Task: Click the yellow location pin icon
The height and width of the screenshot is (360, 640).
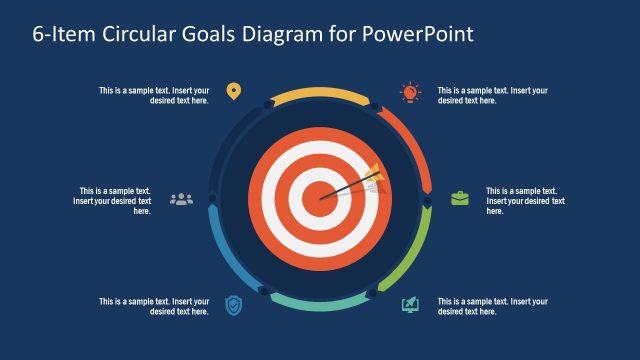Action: coord(233,92)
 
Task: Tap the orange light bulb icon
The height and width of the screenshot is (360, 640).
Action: coord(410,92)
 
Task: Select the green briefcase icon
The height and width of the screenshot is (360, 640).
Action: coord(459,198)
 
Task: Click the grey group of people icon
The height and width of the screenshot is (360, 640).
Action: coord(181,198)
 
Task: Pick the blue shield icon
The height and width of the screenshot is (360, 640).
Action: coord(233,304)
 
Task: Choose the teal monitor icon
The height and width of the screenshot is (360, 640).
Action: coord(410,304)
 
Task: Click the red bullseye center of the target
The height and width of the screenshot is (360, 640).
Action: coord(320,196)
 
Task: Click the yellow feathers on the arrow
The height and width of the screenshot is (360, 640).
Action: coord(373,175)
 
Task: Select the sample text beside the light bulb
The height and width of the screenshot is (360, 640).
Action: coord(492,95)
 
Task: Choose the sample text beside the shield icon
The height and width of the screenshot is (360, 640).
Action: coord(154,306)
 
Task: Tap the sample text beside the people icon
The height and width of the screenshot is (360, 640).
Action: coord(114,200)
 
